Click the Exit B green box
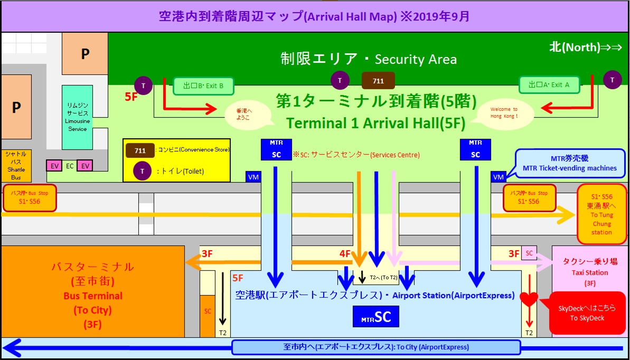(x=203, y=86)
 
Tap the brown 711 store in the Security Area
(x=378, y=81)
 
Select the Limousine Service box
(x=77, y=117)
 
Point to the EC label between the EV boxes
(x=70, y=166)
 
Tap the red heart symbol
(x=529, y=298)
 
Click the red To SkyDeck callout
(x=581, y=314)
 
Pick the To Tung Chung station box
(x=601, y=214)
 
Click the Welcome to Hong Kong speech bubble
(x=500, y=112)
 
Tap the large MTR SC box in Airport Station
(x=375, y=317)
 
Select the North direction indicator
(x=587, y=47)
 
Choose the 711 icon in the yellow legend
(x=140, y=150)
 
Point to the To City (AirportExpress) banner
(x=375, y=347)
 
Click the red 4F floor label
(x=346, y=253)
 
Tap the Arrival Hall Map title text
(x=314, y=16)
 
